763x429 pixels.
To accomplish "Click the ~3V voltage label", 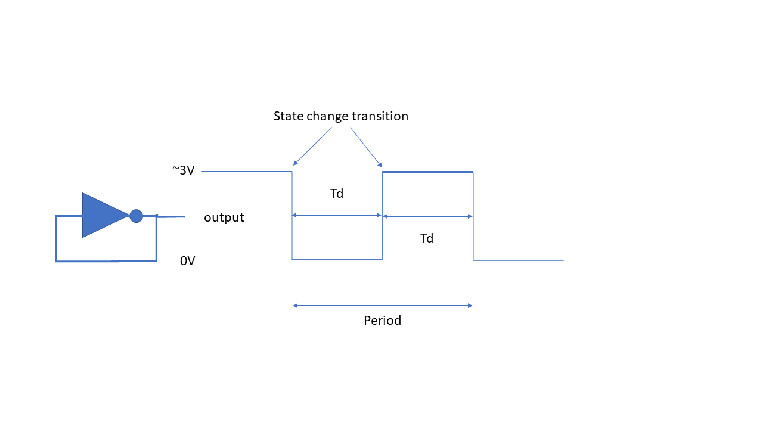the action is pos(183,170).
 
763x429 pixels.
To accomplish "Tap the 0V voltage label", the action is pos(187,261).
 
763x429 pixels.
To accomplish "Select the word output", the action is pos(224,217).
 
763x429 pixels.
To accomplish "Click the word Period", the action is pos(383,321).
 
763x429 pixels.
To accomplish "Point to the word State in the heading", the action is pos(288,116).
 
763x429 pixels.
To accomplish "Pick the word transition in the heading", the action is pos(380,116).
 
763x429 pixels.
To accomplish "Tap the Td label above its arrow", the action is pos(337,194).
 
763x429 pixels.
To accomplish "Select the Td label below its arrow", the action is pos(427,238).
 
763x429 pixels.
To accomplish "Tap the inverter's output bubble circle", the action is pos(137,216).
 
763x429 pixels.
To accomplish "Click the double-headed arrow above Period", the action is pos(383,306).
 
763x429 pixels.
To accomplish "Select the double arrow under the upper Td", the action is pos(337,215).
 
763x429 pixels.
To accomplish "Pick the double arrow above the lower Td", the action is pos(428,216).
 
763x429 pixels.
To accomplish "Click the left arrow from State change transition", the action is pos(312,147).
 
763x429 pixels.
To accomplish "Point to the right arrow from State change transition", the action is pos(366,147).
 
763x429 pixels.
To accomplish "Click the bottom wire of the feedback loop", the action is pos(106,261).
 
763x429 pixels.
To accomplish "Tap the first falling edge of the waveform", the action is pos(292,215).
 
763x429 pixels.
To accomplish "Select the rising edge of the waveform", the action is pos(382,216).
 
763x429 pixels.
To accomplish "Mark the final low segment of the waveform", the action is pos(519,260).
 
